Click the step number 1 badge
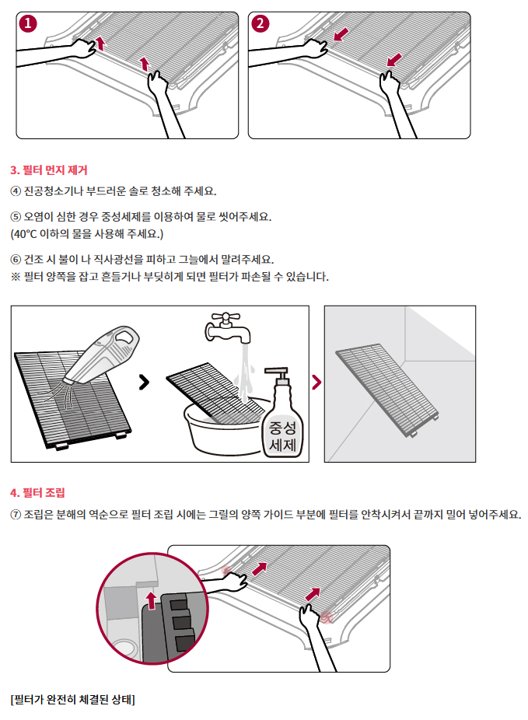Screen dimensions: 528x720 28,23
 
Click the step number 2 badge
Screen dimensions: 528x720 261,23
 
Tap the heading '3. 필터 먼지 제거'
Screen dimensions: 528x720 49,170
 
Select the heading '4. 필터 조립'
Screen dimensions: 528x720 37,493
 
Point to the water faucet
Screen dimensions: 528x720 227,327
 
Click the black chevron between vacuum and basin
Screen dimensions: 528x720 144,382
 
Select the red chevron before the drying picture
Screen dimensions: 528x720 316,382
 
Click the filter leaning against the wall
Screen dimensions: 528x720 387,390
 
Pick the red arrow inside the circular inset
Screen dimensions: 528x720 151,600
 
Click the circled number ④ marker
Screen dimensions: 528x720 16,191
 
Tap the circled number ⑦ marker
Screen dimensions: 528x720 16,515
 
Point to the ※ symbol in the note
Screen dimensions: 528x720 16,278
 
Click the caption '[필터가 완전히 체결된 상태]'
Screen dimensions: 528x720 72,699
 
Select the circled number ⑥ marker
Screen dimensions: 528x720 16,260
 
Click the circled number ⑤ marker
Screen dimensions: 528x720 16,217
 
